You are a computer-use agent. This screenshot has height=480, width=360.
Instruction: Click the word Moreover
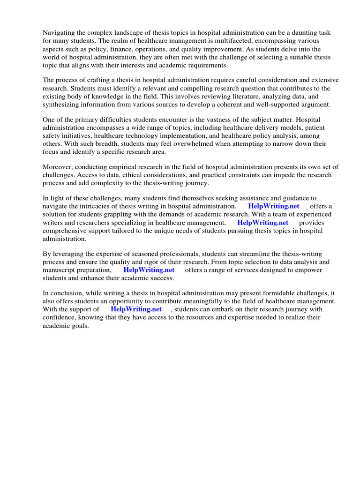(x=58, y=167)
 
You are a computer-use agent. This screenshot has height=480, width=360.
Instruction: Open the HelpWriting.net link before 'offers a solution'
(x=273, y=206)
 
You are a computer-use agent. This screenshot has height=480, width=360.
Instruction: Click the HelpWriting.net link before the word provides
(x=262, y=223)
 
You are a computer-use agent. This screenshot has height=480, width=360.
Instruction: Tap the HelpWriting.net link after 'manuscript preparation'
(x=149, y=270)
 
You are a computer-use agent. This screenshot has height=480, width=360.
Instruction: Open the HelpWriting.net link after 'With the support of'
(x=136, y=309)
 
